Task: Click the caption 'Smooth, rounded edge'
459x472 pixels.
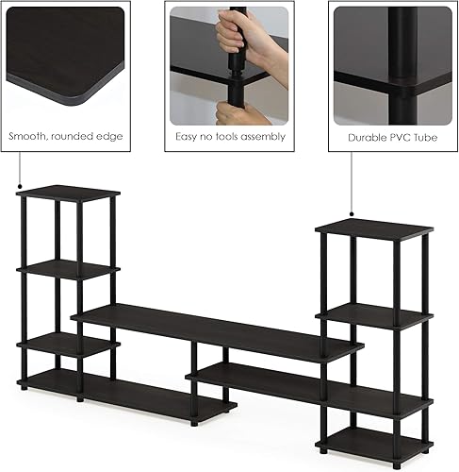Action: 66,137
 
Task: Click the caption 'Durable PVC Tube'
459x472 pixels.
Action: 392,137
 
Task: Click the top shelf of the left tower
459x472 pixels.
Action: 68,194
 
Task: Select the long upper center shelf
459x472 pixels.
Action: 217,330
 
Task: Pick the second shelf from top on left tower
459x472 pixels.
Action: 68,270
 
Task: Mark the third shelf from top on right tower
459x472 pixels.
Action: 377,401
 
